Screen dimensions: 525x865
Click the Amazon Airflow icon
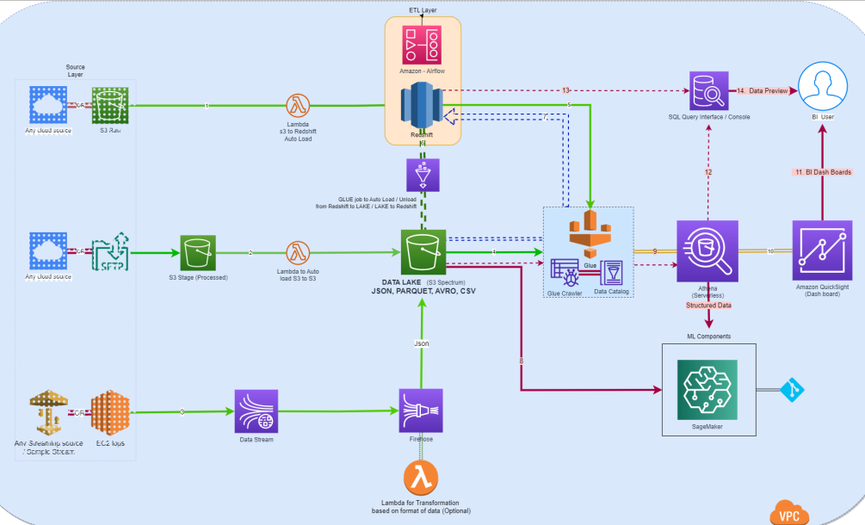(422, 42)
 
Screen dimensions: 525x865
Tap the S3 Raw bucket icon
(109, 106)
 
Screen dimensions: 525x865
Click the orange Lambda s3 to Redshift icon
(299, 105)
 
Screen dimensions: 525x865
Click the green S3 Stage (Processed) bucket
(197, 252)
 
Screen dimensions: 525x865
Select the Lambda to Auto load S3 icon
(299, 252)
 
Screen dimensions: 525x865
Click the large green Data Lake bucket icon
(422, 252)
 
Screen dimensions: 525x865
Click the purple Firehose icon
(420, 411)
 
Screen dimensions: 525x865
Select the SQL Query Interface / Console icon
(707, 89)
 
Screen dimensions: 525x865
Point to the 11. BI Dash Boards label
(823, 172)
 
